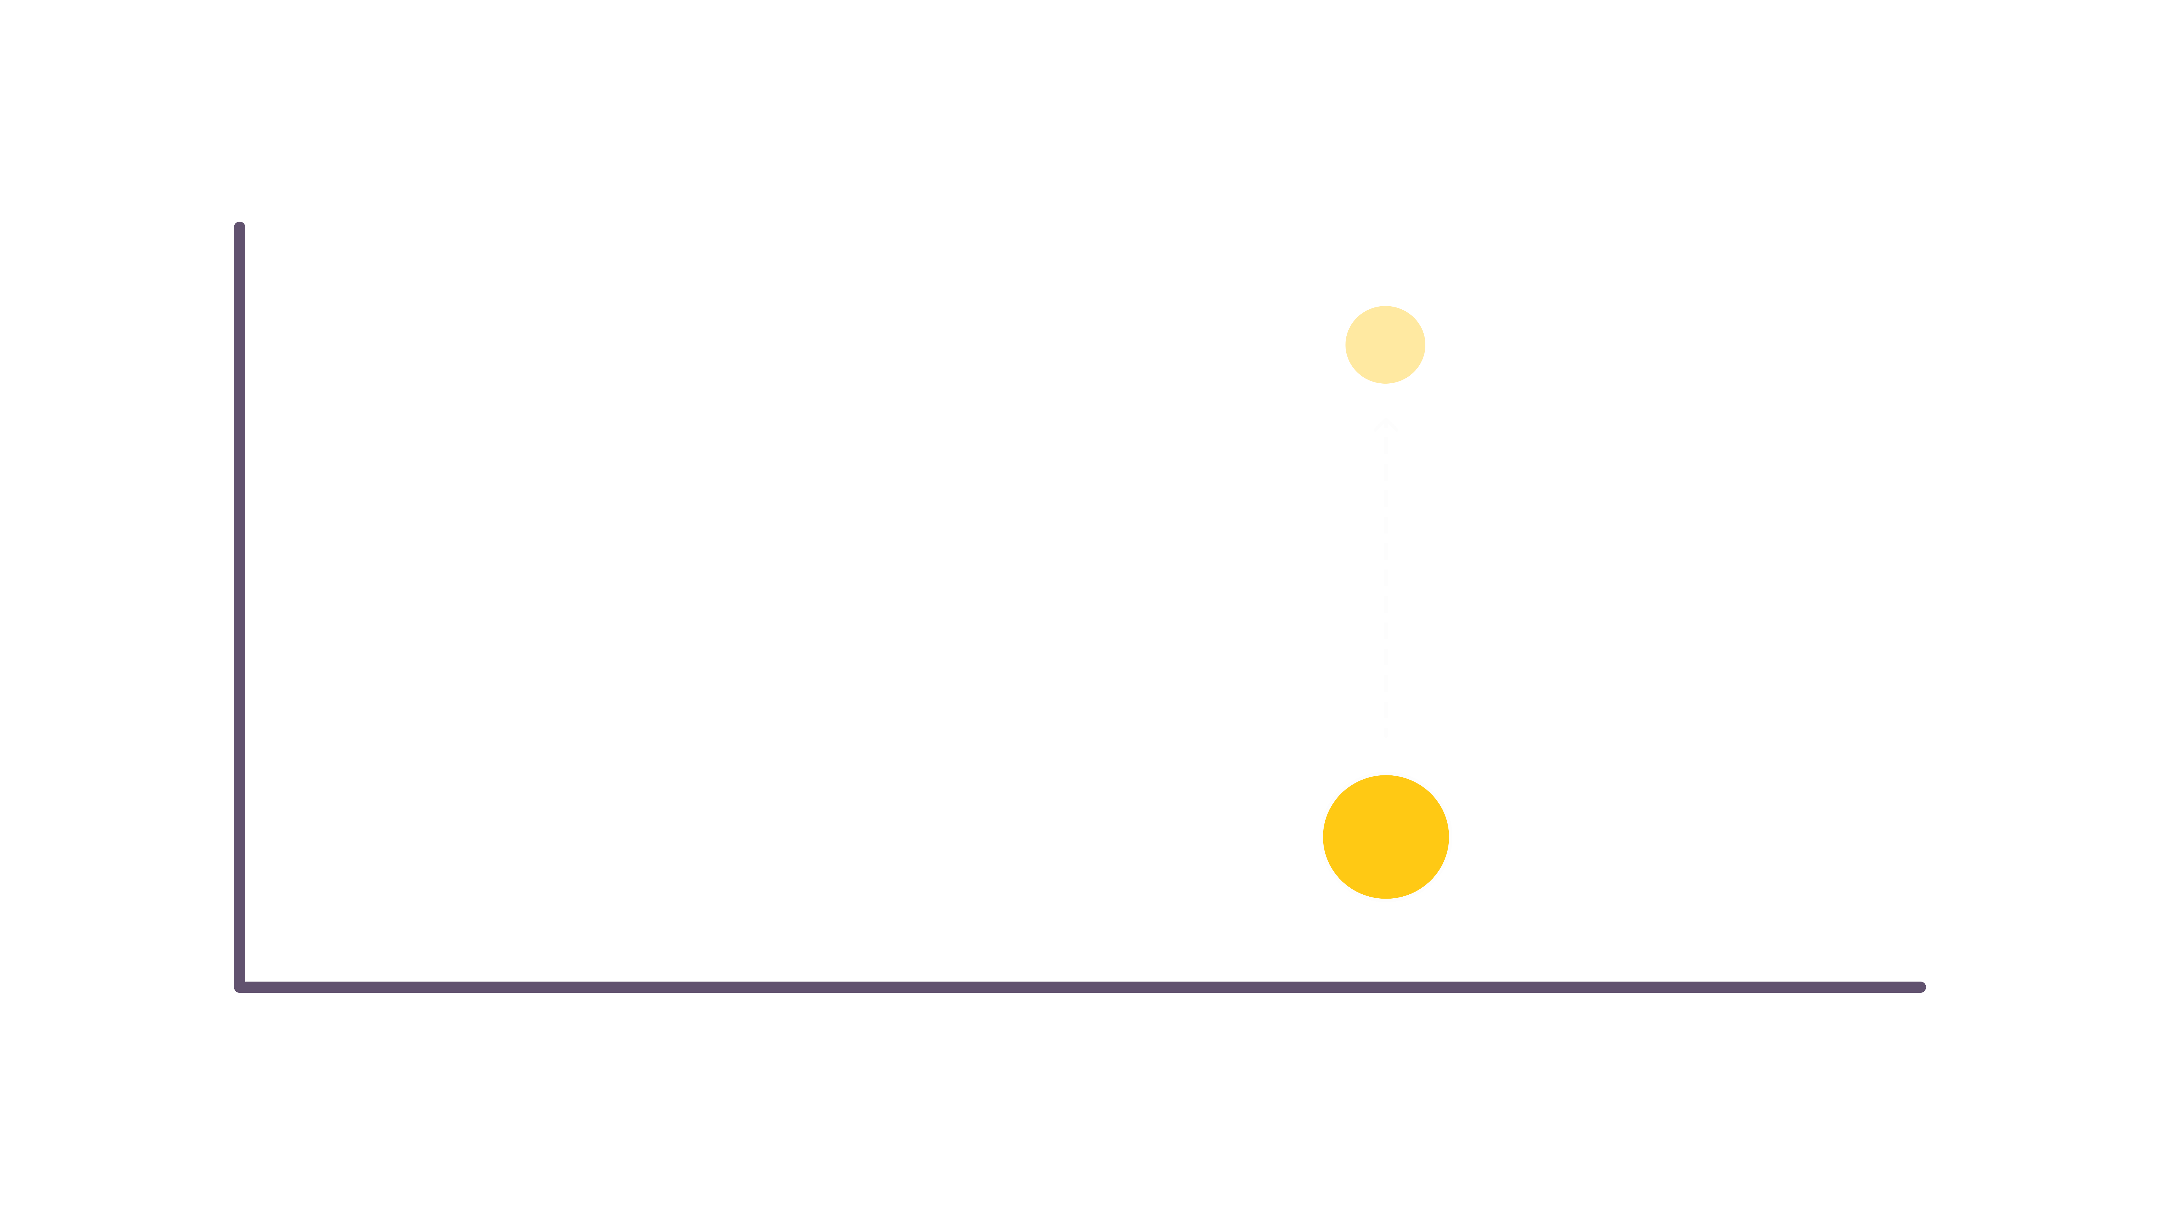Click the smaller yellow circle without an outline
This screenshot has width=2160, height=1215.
coord(1385,345)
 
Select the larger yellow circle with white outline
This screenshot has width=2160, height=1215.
coord(1385,837)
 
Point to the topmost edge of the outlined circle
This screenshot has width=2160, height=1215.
coord(1385,773)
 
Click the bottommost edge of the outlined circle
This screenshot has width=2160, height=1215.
coord(1385,901)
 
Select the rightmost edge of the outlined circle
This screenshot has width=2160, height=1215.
coord(1451,837)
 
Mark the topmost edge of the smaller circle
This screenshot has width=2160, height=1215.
coord(1385,307)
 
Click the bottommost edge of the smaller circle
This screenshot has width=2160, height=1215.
coord(1385,383)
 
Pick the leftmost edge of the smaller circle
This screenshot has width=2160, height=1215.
coord(1346,345)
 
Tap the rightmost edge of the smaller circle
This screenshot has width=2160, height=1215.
coord(1425,345)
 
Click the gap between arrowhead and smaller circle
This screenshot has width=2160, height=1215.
coord(1385,401)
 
